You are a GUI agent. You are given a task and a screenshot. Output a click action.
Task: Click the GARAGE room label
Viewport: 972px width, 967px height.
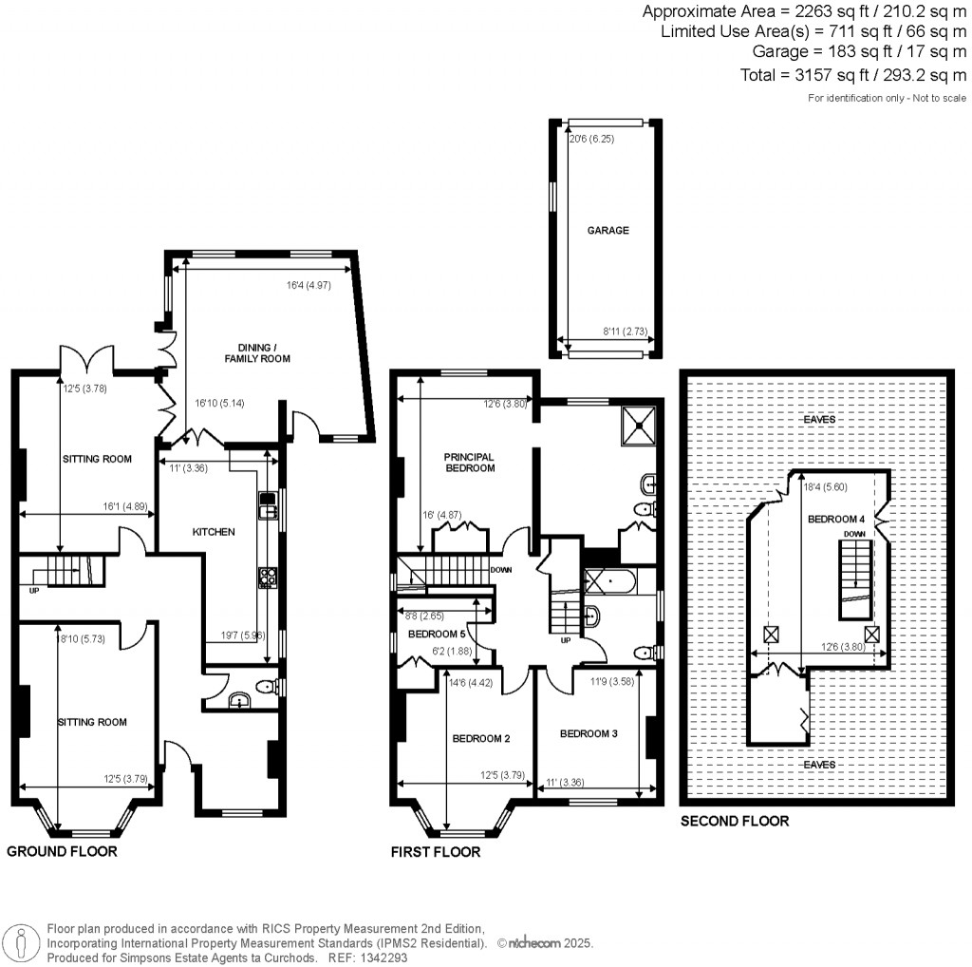pos(607,230)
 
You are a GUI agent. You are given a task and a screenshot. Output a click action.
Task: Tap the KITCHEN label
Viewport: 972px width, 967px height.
pos(214,532)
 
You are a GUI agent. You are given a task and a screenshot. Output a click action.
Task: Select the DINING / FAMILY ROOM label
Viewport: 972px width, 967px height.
pos(257,353)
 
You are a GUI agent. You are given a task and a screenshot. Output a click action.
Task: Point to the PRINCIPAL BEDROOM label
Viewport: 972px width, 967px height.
pos(469,462)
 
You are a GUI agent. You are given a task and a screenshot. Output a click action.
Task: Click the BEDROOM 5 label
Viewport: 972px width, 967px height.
pos(437,634)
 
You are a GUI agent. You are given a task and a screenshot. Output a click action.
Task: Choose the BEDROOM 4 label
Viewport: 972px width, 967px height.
pos(836,519)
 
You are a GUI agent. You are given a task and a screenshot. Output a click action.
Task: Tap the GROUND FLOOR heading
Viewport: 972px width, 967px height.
pos(62,851)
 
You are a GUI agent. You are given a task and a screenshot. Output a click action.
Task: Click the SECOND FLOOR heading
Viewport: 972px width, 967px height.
pos(735,822)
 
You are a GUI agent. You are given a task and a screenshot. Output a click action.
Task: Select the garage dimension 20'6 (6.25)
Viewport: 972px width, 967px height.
pos(592,139)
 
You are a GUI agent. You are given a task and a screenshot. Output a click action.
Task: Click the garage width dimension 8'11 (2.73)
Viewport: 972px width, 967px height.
pos(626,332)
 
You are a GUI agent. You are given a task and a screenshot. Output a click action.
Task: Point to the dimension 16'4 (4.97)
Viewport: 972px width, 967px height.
pos(308,285)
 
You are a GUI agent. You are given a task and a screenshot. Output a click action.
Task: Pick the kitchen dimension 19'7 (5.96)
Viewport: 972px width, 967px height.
pos(243,635)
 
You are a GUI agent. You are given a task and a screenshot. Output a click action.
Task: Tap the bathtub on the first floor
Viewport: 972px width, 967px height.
pos(609,581)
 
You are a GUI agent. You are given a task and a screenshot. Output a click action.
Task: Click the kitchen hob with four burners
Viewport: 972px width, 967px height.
pos(268,578)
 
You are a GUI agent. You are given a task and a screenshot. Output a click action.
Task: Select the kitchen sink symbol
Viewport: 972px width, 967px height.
pos(268,505)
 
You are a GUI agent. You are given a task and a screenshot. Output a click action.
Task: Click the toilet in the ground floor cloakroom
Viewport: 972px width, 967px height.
pos(267,687)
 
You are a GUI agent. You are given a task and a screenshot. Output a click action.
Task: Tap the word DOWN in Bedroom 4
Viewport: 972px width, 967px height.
pos(854,534)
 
